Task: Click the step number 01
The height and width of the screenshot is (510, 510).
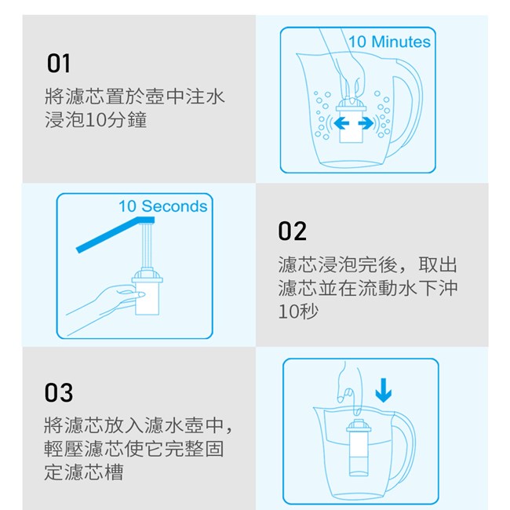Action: point(59,64)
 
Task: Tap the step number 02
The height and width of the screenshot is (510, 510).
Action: point(292,231)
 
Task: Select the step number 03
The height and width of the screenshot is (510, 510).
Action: point(59,392)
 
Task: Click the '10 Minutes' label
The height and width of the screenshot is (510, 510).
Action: point(389,42)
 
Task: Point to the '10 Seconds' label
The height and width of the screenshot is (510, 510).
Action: point(162,206)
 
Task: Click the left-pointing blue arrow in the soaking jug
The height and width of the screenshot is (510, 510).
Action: point(341,123)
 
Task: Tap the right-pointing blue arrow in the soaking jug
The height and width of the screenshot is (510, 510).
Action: point(366,123)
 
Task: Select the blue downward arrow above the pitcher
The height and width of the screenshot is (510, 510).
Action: point(384,390)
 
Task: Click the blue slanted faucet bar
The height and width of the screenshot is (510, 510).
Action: point(115,235)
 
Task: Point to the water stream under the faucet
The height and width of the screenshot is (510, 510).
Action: point(147,246)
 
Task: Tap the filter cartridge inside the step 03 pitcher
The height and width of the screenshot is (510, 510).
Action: point(359,447)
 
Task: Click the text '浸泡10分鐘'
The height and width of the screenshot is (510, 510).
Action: point(96,120)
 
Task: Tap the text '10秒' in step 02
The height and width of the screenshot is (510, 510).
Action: point(298,311)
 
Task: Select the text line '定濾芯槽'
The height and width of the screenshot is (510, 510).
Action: point(84,472)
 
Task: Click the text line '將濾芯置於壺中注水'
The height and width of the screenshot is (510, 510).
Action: point(135,97)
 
